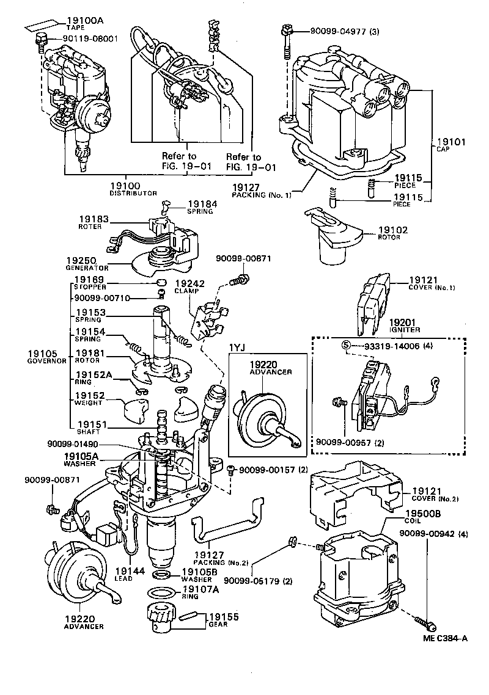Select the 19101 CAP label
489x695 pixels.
pos(451,144)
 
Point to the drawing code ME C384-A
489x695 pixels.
pos(445,639)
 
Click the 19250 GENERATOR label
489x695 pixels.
pos(87,263)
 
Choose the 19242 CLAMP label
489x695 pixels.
pos(189,287)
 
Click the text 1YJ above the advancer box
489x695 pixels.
pos(237,348)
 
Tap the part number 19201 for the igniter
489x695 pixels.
pos(403,323)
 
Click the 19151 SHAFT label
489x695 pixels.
pos(90,427)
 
